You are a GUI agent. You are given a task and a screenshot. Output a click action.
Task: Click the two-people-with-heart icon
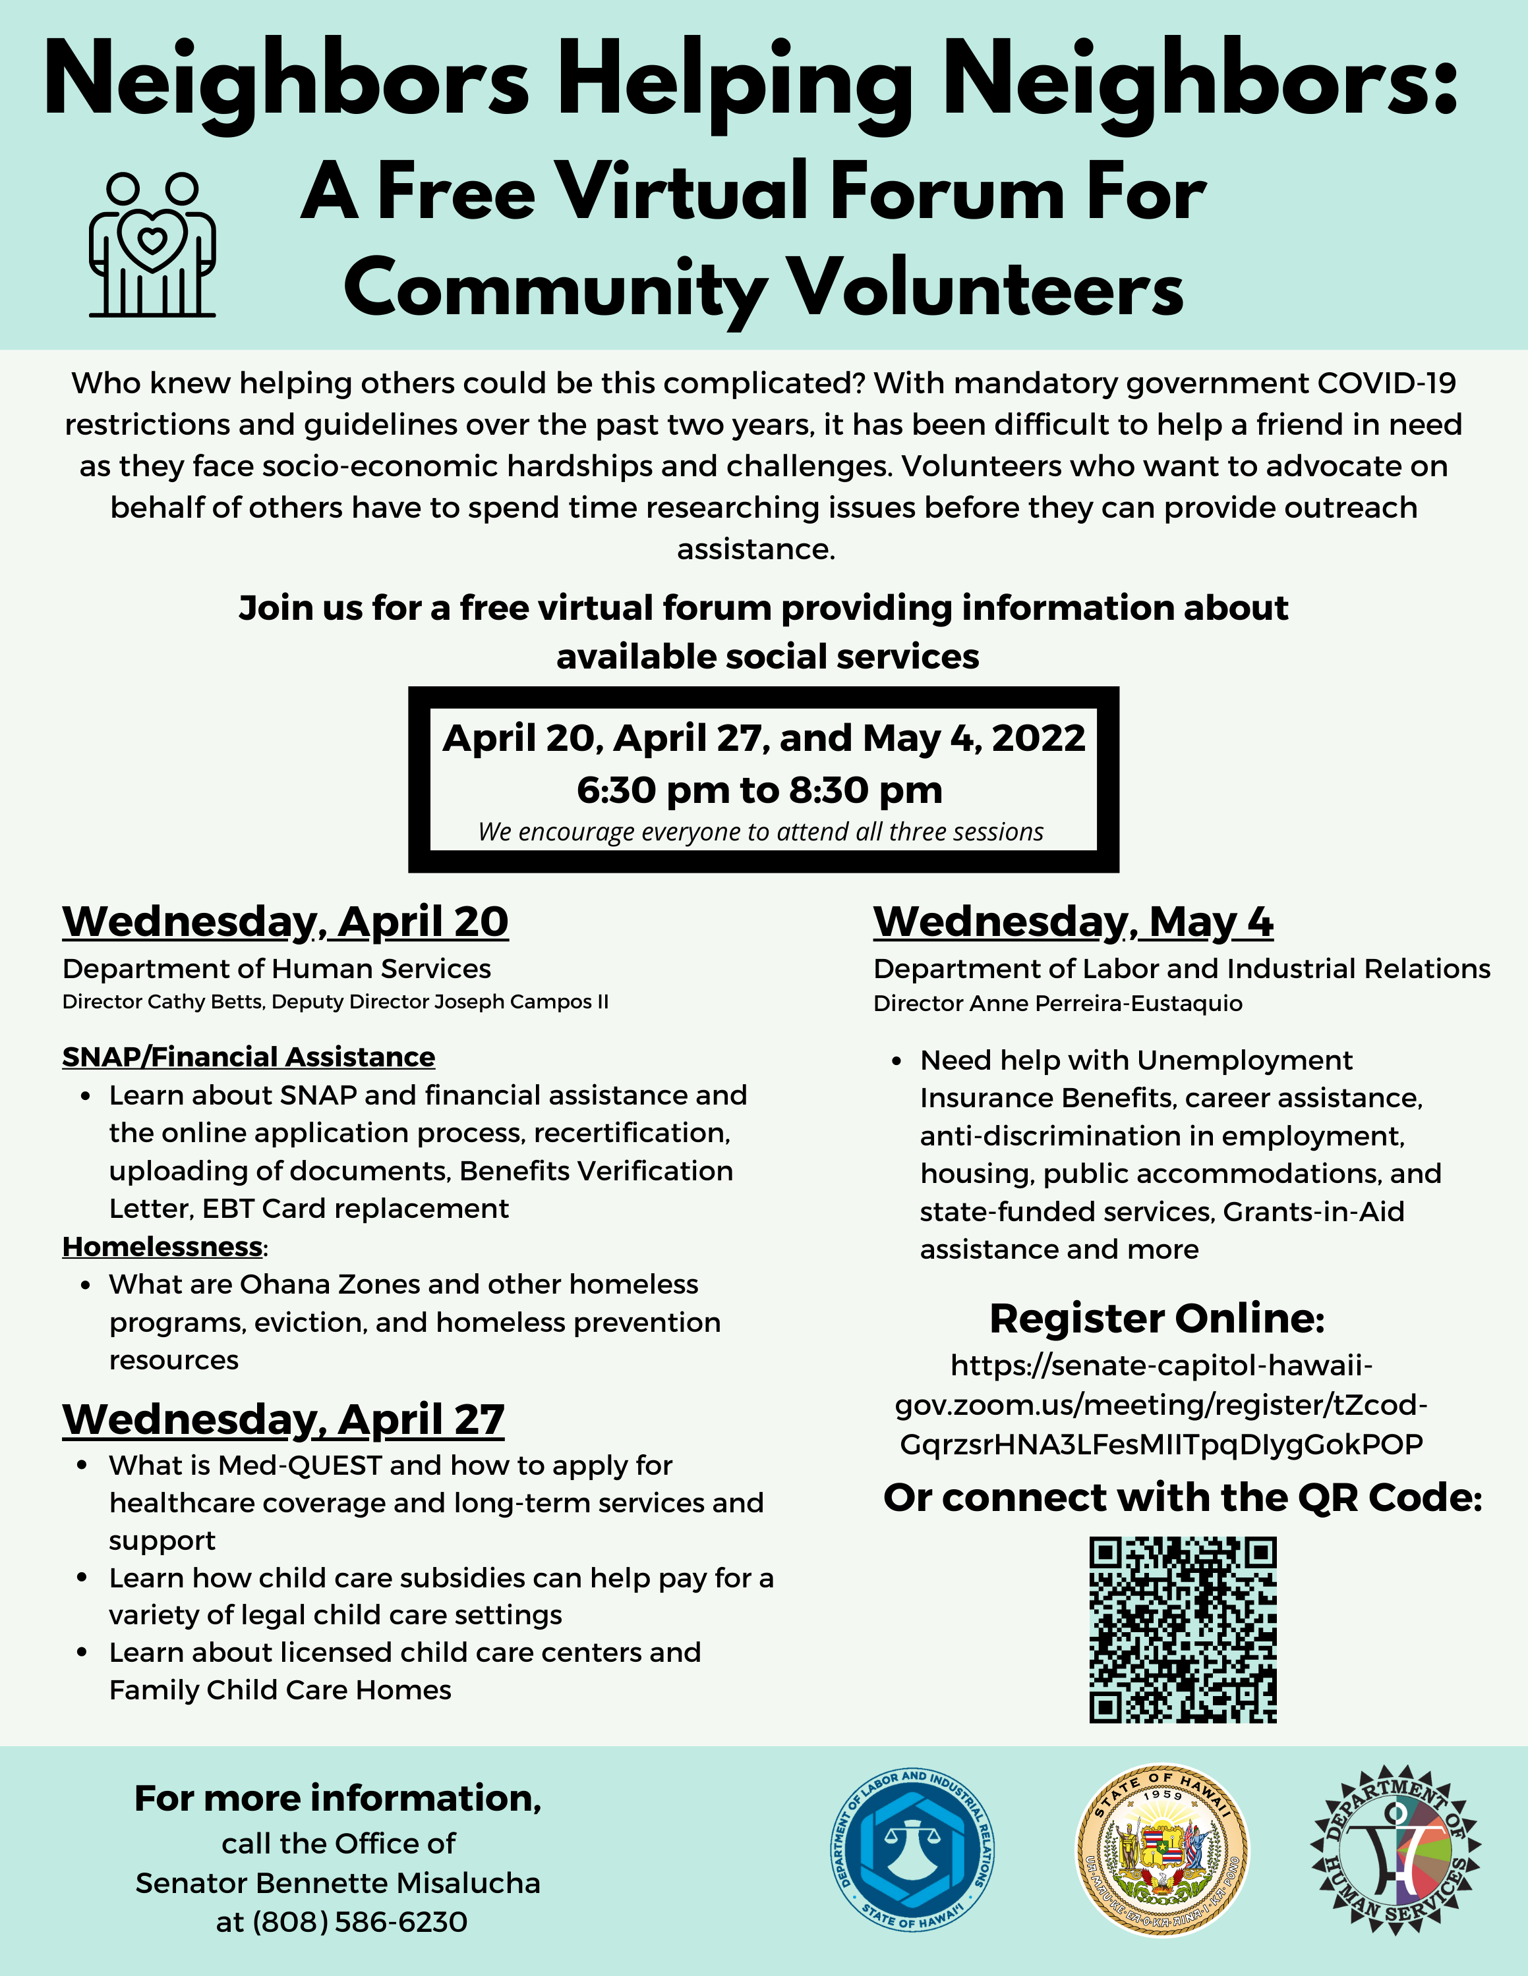click(x=152, y=244)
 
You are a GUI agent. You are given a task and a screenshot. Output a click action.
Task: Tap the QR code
click(x=1182, y=1630)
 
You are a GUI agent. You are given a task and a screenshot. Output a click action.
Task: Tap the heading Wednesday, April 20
click(x=285, y=922)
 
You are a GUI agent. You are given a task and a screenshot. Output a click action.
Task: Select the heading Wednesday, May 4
click(x=1073, y=922)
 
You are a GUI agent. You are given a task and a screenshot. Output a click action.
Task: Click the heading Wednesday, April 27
click(x=283, y=1419)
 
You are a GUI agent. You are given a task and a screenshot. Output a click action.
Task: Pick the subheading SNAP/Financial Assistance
click(x=248, y=1057)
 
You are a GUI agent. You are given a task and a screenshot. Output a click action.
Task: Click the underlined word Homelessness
click(x=162, y=1247)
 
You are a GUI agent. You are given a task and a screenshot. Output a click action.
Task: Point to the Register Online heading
click(x=1156, y=1318)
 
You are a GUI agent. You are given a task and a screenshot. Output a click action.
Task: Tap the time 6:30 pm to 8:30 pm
click(x=759, y=790)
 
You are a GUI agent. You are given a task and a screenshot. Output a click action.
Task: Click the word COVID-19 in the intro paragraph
click(x=1386, y=383)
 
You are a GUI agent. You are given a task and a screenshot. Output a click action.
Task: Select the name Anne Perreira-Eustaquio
click(x=1105, y=1003)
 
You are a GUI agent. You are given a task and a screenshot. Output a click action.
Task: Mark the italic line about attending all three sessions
click(x=761, y=831)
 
